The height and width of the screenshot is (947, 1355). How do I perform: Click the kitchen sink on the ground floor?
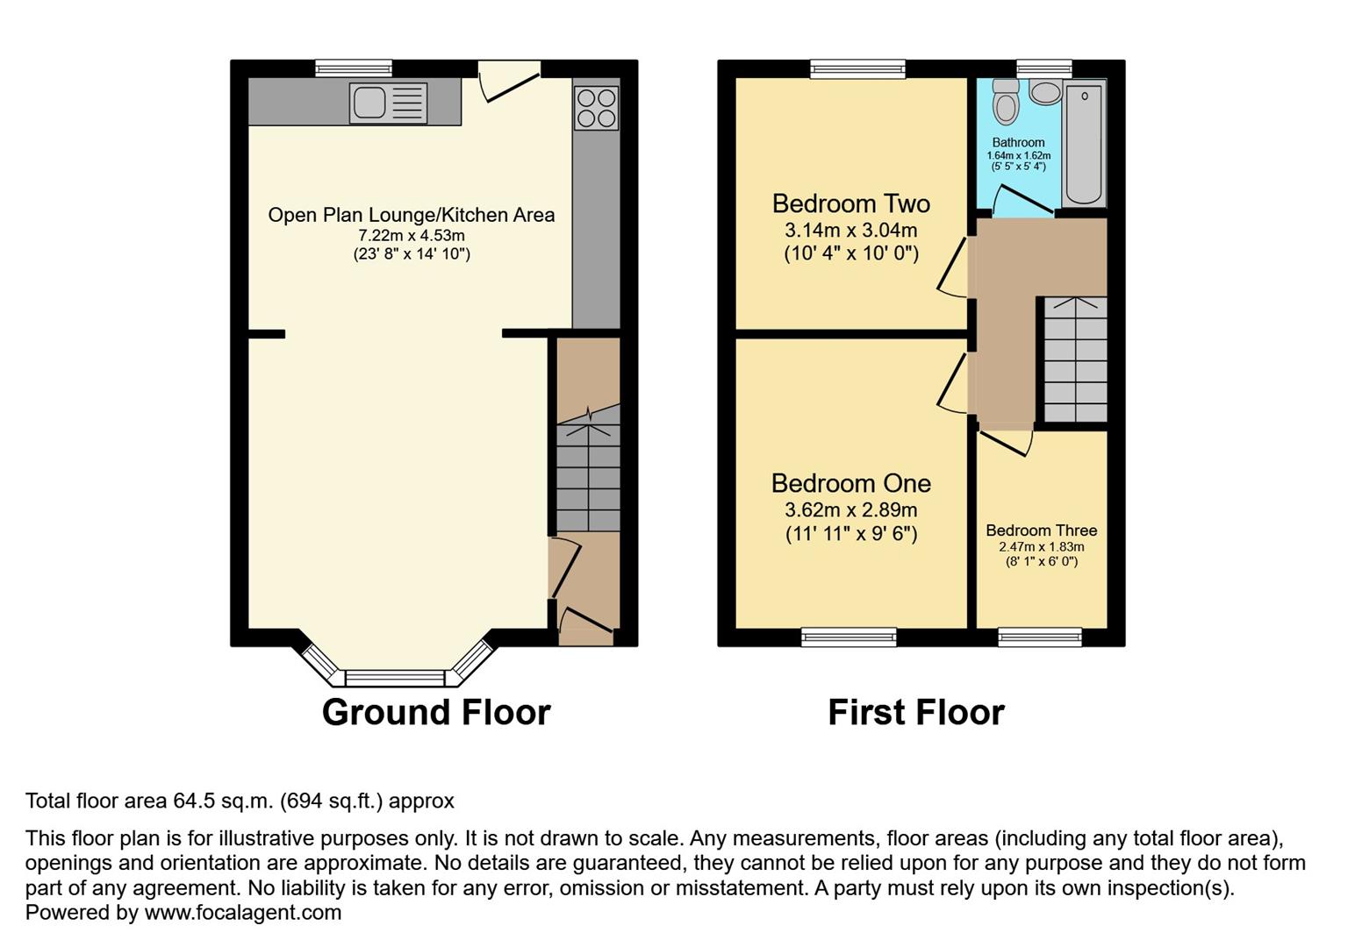pyautogui.click(x=388, y=103)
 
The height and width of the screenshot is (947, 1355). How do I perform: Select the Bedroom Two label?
pyautogui.click(x=850, y=203)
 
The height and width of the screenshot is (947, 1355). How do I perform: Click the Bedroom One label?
pyautogui.click(x=850, y=483)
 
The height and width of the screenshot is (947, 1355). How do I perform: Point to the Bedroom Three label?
pyautogui.click(x=1041, y=530)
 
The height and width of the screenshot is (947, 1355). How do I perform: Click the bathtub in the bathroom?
pyautogui.click(x=1084, y=145)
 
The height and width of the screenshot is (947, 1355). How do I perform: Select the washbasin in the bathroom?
pyautogui.click(x=1044, y=91)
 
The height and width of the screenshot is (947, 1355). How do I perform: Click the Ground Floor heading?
pyautogui.click(x=436, y=712)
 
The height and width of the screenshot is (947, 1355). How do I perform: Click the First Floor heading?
pyautogui.click(x=915, y=712)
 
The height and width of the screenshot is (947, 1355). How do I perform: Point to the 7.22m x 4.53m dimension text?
pyautogui.click(x=411, y=236)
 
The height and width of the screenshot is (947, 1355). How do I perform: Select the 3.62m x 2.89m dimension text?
pyautogui.click(x=850, y=509)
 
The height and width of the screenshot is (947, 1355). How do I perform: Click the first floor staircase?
pyautogui.click(x=1075, y=360)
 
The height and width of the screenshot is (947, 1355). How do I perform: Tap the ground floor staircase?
pyautogui.click(x=588, y=473)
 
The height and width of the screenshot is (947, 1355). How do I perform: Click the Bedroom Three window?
pyautogui.click(x=1040, y=637)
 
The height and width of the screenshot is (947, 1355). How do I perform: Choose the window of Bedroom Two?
pyautogui.click(x=857, y=68)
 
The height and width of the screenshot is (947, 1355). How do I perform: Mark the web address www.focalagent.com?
pyautogui.click(x=242, y=913)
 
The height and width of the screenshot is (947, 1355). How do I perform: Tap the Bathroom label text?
pyautogui.click(x=1018, y=142)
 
